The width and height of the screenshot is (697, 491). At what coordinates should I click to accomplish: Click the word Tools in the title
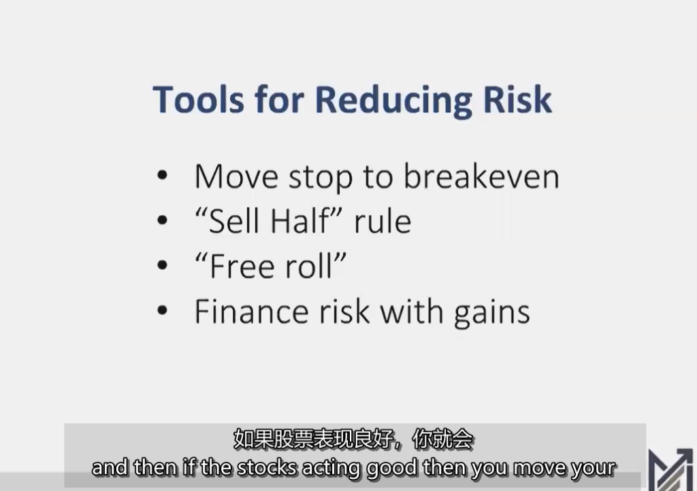click(197, 99)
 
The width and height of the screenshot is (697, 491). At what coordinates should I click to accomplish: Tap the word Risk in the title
click(517, 99)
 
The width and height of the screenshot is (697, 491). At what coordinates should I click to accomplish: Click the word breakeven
click(481, 177)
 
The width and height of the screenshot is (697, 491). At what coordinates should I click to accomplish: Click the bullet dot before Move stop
click(162, 176)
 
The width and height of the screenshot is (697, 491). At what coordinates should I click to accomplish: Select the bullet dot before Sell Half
click(162, 221)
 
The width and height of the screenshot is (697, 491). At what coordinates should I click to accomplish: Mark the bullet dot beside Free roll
click(162, 266)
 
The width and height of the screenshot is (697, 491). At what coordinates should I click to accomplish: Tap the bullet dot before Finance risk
click(162, 311)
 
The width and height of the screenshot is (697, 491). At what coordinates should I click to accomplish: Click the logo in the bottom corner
click(670, 469)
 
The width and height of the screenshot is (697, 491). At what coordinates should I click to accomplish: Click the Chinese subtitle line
click(353, 440)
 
